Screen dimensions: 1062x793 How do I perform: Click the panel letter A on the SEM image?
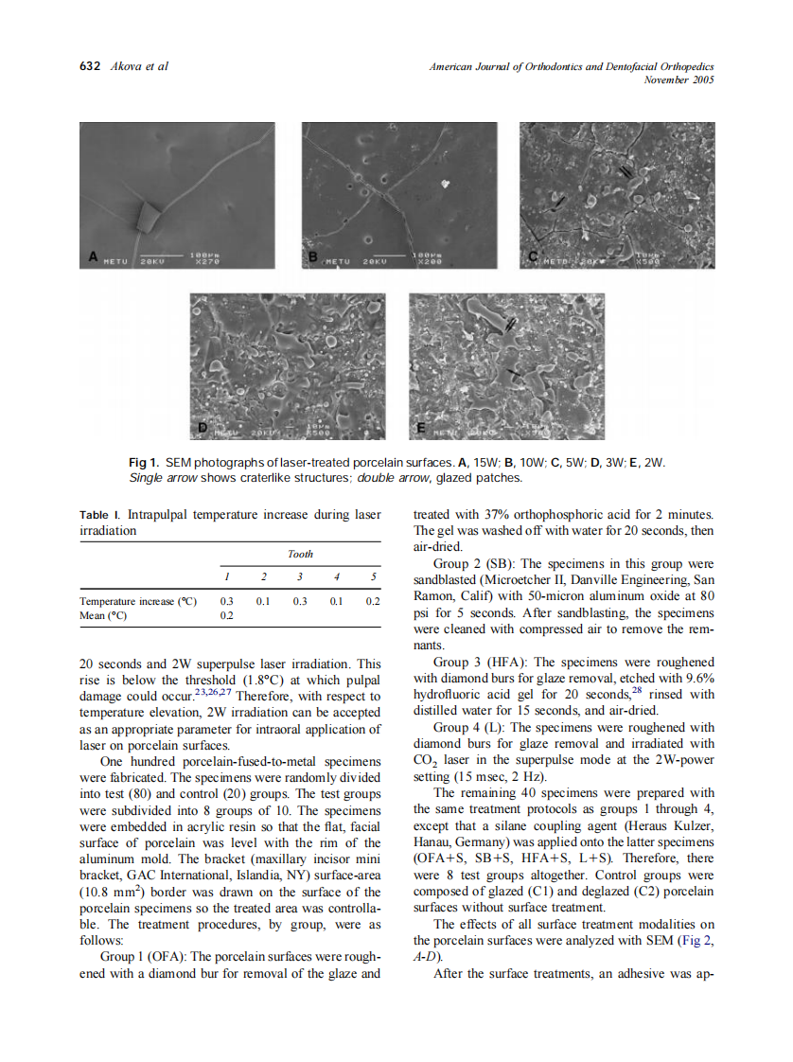(94, 257)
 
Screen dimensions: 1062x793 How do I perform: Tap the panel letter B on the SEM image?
(313, 257)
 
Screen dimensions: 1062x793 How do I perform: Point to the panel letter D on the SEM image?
(202, 428)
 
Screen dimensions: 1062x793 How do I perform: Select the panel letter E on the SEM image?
(420, 428)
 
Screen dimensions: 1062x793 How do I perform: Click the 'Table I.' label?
(100, 515)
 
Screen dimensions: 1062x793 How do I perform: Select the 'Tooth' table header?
(300, 554)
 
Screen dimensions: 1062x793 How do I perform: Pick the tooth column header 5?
(374, 576)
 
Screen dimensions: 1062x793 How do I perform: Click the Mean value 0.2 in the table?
(226, 615)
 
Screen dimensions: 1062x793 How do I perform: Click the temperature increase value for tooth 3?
(299, 601)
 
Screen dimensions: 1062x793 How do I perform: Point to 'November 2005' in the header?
(678, 80)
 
